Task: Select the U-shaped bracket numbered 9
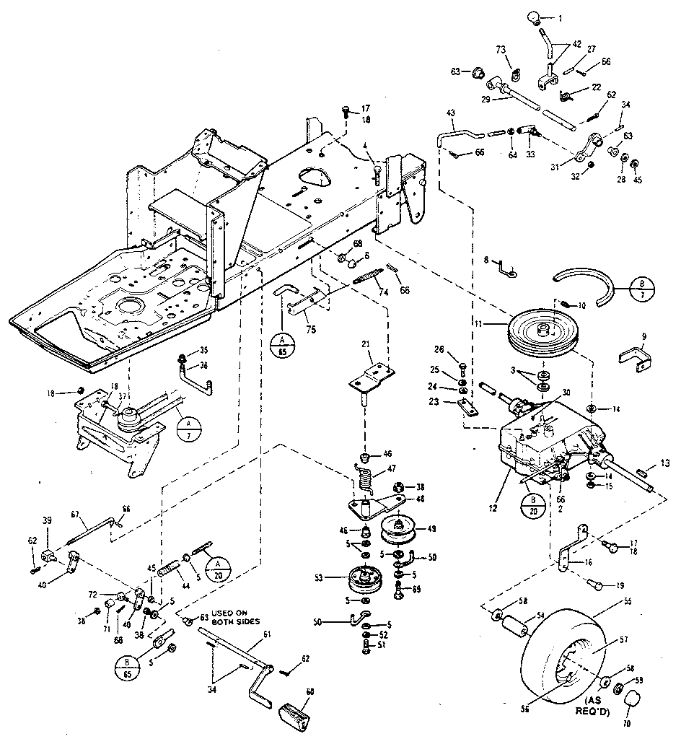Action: [x=634, y=358]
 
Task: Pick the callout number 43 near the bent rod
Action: [x=451, y=113]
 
